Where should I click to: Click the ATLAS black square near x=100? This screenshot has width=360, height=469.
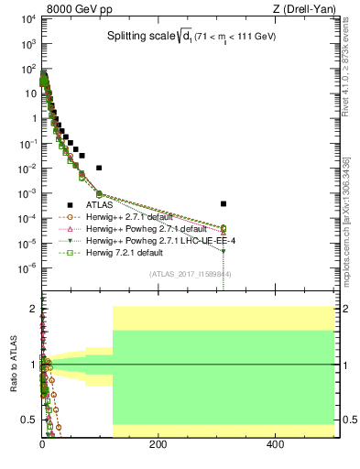[99, 168]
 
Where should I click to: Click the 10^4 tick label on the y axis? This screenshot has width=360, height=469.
[28, 19]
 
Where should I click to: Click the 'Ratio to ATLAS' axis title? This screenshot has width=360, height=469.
[14, 364]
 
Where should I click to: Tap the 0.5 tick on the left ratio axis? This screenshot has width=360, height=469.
[31, 420]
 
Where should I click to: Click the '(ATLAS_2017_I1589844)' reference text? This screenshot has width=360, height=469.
[190, 273]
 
